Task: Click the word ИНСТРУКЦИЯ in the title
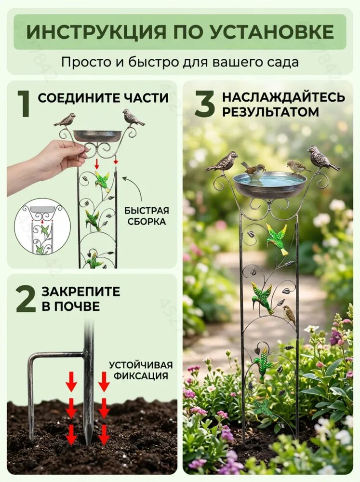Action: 96,32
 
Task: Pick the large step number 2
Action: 26,298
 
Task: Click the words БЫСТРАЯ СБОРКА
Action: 147,216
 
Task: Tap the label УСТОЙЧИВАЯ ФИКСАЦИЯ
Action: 141,370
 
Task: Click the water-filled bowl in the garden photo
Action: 269,184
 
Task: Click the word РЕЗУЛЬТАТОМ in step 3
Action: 270,112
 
